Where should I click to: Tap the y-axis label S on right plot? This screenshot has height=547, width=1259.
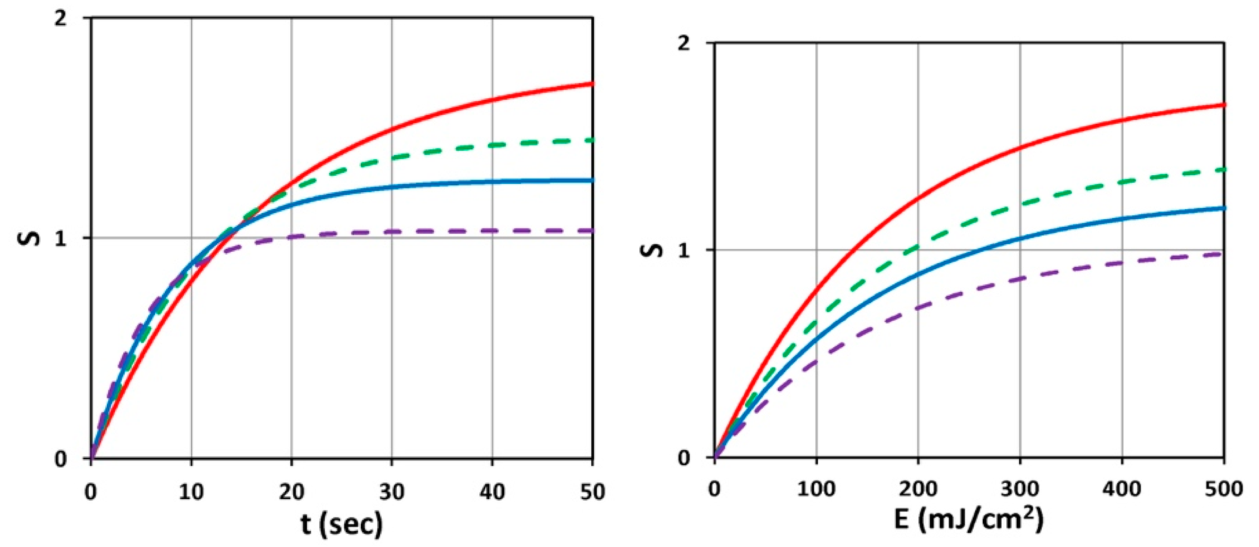(652, 250)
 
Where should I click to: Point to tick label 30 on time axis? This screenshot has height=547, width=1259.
(391, 492)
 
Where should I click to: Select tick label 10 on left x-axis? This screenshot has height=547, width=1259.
(191, 492)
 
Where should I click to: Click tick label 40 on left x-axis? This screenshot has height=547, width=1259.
(492, 492)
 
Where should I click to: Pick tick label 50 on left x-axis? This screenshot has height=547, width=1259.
(592, 492)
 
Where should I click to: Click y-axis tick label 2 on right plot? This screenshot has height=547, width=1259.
(685, 43)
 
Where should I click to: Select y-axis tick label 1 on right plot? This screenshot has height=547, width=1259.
(685, 250)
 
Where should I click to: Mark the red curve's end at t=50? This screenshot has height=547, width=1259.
(592, 84)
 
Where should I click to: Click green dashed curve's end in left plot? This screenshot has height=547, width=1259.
(592, 141)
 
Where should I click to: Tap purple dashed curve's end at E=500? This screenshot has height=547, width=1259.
(1222, 254)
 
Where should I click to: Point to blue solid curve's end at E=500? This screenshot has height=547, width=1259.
(1222, 208)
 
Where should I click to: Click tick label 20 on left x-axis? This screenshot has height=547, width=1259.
(291, 492)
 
